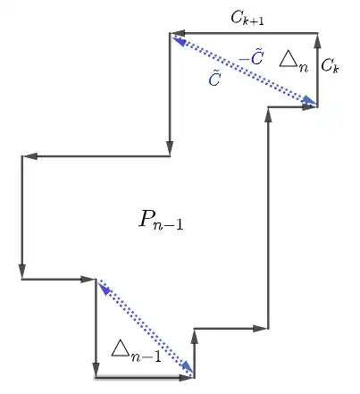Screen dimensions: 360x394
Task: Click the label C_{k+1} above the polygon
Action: point(247,19)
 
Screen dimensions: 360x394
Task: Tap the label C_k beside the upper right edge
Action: point(330,65)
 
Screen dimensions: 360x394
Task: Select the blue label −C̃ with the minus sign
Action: point(251,58)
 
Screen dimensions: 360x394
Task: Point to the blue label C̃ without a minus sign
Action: point(214,78)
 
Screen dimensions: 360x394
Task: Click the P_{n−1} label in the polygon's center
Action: point(161,220)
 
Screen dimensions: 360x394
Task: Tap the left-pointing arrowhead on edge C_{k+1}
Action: point(178,33)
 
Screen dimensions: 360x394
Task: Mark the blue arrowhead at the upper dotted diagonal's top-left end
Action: point(180,40)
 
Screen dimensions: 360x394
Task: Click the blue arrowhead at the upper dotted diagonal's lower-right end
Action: point(309,102)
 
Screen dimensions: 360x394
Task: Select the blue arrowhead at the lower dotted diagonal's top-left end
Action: point(104,288)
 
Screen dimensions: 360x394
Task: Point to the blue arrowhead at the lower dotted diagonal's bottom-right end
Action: point(188,367)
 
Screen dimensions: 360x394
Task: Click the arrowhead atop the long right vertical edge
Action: point(268,114)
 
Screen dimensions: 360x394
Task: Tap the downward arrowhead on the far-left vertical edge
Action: point(21,272)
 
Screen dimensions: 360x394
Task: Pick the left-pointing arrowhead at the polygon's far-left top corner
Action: point(29,156)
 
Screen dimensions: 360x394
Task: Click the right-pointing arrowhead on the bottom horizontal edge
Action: point(187,378)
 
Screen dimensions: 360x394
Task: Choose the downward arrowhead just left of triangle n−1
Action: point(96,370)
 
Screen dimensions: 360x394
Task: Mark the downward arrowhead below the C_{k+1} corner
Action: point(170,148)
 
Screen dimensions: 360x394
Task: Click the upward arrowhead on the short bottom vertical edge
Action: point(194,337)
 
